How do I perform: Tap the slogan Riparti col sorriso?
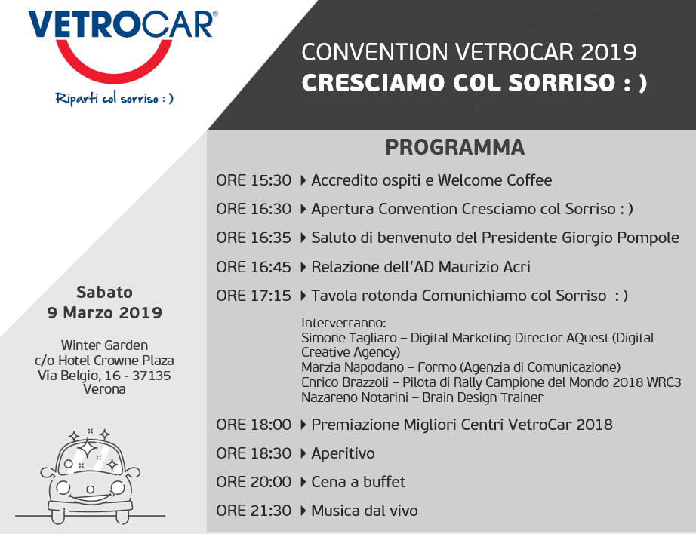point(114,98)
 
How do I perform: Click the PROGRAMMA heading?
point(455,147)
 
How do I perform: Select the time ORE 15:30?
point(254,180)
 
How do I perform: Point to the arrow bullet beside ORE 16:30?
point(303,209)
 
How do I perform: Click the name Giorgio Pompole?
point(621,238)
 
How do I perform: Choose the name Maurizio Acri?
point(485,267)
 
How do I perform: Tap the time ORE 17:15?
point(254,296)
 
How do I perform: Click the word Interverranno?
point(343,323)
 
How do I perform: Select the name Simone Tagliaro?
point(349,338)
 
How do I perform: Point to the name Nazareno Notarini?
point(355,397)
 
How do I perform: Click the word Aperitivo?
point(343,454)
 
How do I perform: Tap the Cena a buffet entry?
point(359,482)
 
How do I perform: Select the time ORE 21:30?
point(254,511)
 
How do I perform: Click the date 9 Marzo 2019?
point(105,313)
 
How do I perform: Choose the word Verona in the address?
point(104,389)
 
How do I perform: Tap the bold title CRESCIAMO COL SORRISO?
point(474,83)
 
